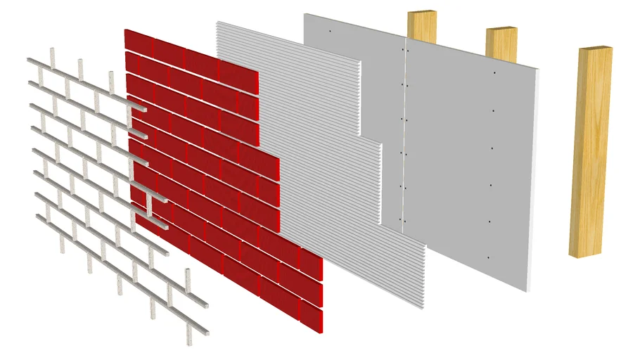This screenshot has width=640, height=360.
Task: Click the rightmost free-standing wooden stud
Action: pos(591,151)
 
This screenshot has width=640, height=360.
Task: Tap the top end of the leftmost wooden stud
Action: pos(421,13)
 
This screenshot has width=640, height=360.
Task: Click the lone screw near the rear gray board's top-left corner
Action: pos(329,32)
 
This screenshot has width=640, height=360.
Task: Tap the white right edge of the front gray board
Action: pos(535,176)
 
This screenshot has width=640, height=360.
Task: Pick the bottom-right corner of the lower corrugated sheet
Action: pos(424,308)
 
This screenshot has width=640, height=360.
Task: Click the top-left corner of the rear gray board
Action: pos(305,14)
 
